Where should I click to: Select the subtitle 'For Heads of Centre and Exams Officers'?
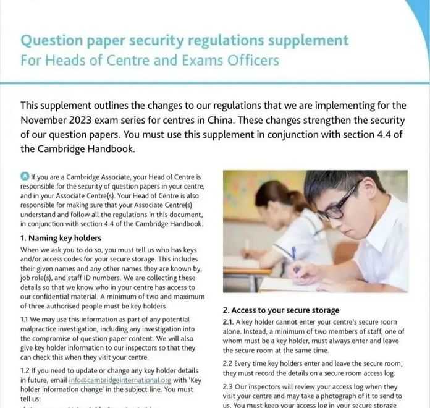click(150, 61)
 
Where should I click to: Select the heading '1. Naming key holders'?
click(61, 238)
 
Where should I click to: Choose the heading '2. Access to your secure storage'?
click(281, 310)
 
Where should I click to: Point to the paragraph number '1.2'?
click(26, 370)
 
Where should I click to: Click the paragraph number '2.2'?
click(229, 363)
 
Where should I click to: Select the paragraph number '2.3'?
click(229, 386)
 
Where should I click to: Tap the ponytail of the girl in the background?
click(292, 200)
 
